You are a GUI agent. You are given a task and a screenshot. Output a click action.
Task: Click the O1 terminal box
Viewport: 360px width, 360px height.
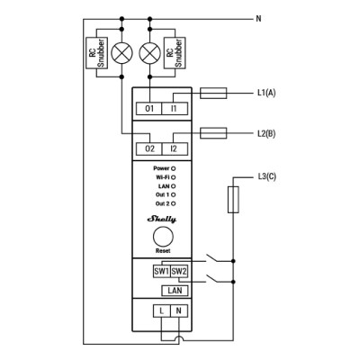(149, 108)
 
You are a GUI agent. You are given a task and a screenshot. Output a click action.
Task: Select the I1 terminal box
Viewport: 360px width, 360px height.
(175, 108)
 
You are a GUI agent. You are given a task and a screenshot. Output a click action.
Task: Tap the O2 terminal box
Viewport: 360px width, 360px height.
(149, 148)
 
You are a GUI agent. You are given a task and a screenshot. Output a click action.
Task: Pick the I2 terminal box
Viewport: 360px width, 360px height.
(175, 148)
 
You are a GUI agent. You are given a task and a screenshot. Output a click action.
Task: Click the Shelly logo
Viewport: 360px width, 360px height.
(162, 218)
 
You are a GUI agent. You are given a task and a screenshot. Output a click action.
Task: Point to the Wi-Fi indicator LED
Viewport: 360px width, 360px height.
(173, 176)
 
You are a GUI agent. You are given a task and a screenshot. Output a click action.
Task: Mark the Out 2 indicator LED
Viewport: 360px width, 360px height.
(173, 203)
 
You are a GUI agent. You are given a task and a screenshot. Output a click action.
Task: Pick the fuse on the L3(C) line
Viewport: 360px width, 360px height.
(233, 200)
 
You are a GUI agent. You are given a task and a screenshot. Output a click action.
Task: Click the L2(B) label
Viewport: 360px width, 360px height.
(266, 132)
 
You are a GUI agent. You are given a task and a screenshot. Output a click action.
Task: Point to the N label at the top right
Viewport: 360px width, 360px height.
(259, 17)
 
